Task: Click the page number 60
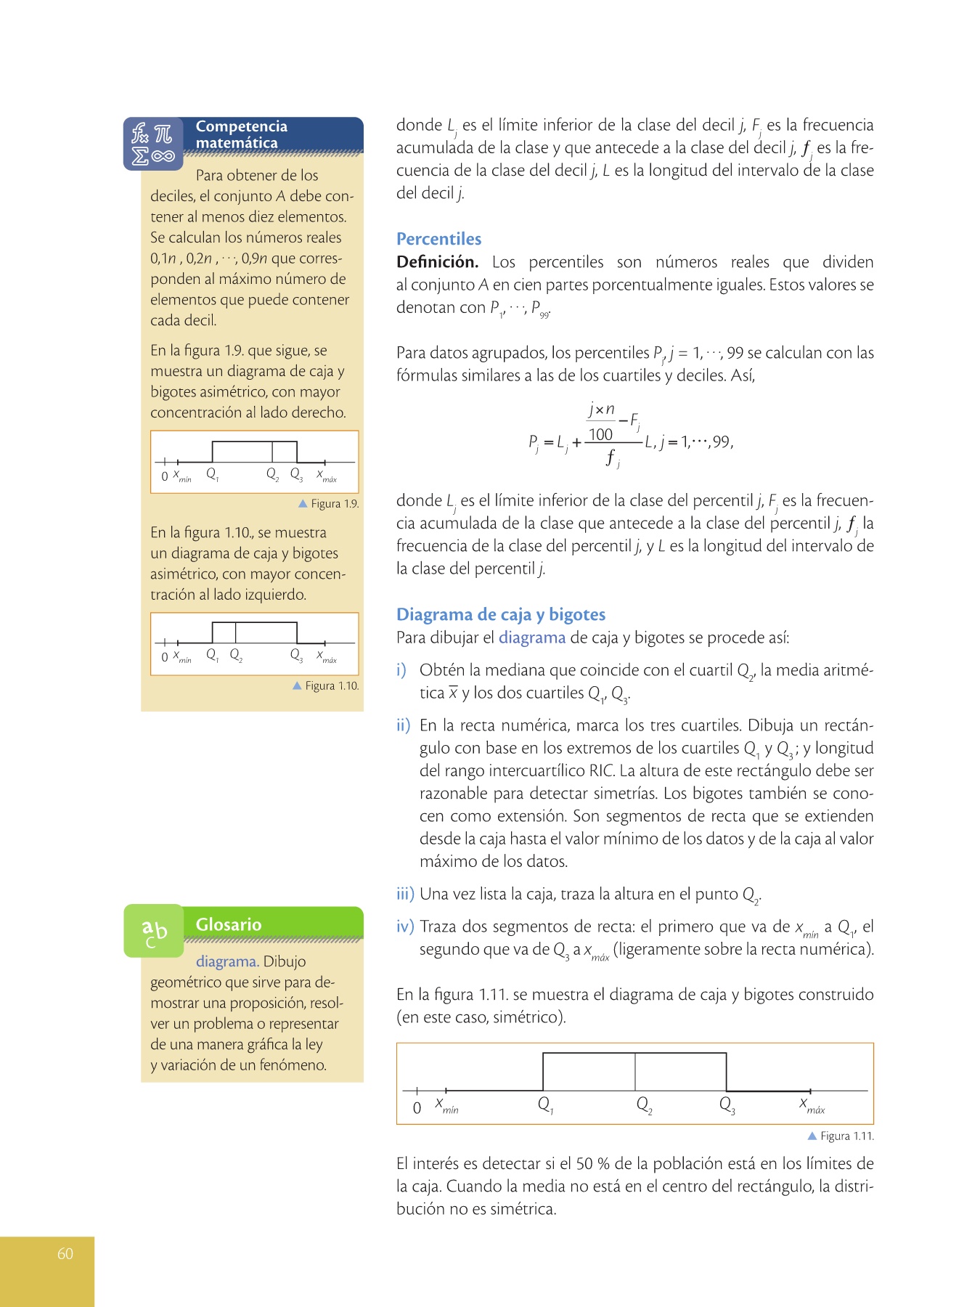tap(65, 1253)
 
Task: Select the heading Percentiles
tap(438, 239)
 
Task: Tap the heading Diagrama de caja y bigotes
tap(500, 614)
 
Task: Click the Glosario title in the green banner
tap(229, 924)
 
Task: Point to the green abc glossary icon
tap(154, 931)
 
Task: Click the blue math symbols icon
tap(153, 144)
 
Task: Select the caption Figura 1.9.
tap(329, 504)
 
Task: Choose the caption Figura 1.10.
tap(326, 685)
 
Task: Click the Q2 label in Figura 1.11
tap(644, 1105)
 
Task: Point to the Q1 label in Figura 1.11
tap(545, 1105)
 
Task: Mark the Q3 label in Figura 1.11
tap(727, 1105)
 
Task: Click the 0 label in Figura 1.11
tap(417, 1108)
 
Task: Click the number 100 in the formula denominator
tap(600, 434)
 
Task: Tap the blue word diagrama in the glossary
tap(226, 961)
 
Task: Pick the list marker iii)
tap(405, 894)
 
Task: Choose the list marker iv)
tap(405, 927)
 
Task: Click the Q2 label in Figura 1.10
tap(236, 655)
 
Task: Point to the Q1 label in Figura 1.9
tap(212, 474)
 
